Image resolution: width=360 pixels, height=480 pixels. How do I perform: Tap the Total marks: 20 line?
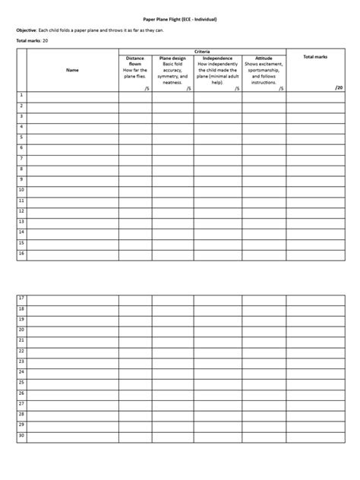(32, 39)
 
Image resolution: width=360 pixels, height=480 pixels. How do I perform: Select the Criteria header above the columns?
(202, 51)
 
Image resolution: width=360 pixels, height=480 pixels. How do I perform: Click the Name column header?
(72, 70)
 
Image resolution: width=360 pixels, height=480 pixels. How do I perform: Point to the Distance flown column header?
(134, 59)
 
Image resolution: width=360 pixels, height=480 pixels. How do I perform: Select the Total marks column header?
(314, 57)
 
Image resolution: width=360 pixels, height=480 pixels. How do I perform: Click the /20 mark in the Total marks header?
(339, 87)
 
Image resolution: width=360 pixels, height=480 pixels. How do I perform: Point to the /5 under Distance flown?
(145, 88)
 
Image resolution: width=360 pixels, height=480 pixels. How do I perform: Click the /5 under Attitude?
(279, 88)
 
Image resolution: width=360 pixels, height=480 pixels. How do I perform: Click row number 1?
(21, 96)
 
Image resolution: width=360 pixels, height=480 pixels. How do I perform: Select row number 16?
(22, 254)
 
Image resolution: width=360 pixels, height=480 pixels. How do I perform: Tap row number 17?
(22, 298)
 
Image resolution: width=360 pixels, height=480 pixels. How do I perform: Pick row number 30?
(22, 436)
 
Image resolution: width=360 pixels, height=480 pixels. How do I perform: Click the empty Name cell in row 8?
(72, 169)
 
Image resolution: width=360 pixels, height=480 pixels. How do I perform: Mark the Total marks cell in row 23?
(314, 362)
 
